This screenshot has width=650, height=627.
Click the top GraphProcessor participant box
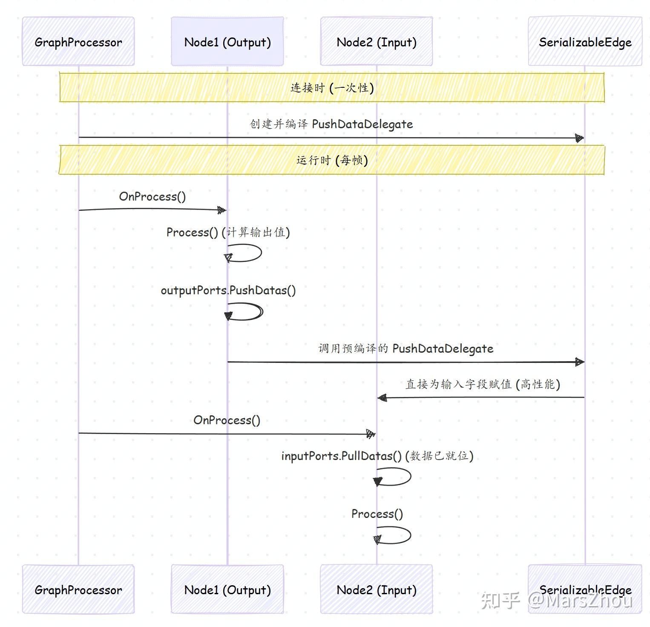[78, 42]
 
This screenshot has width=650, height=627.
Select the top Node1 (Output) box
[227, 42]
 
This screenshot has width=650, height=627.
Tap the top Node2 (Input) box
[377, 42]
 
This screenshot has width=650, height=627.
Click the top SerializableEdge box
[585, 42]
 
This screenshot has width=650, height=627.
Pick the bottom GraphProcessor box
[78, 590]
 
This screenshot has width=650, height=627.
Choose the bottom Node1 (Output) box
[227, 590]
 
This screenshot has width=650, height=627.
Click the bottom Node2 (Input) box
[377, 590]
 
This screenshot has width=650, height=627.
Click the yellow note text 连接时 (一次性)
[332, 88]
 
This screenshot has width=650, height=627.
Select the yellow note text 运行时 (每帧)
[332, 160]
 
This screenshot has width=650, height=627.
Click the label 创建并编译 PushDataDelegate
[331, 124]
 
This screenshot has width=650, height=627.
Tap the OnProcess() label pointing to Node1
[152, 196]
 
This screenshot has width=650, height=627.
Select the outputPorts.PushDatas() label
[228, 290]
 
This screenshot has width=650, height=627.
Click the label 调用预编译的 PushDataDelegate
[406, 348]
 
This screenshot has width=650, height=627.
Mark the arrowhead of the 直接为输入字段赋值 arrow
[382, 398]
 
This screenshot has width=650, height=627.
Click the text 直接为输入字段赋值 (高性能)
[483, 384]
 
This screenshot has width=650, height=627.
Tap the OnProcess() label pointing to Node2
[227, 420]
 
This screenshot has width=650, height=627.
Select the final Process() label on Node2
[377, 514]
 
